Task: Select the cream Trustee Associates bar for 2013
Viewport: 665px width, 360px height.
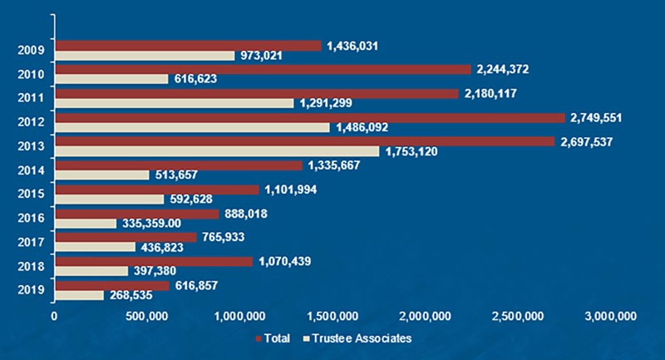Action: (x=216, y=151)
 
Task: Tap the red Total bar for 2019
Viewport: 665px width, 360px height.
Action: (x=111, y=285)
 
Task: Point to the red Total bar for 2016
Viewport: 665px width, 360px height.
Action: (x=136, y=213)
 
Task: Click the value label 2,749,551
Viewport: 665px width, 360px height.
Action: (x=600, y=117)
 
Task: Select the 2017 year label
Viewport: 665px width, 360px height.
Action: (x=30, y=242)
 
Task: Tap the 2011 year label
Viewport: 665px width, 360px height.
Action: (x=30, y=98)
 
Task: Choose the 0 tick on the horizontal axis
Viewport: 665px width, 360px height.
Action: (x=55, y=316)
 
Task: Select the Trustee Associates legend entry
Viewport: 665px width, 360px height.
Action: (x=359, y=338)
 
